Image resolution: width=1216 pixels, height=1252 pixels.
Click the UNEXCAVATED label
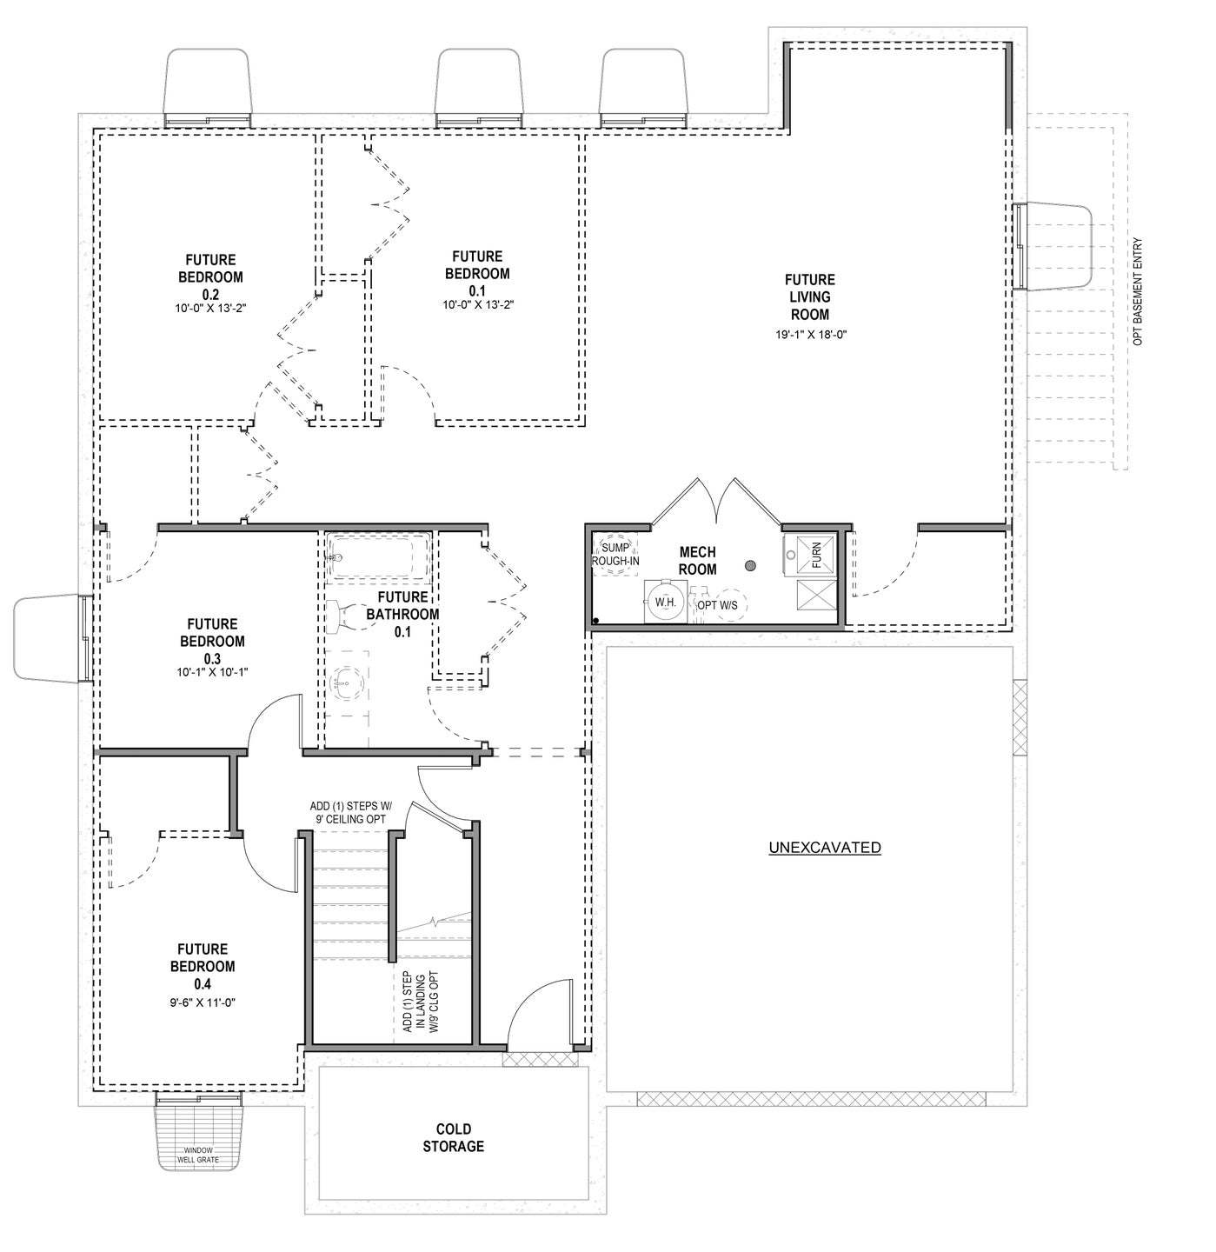pyautogui.click(x=825, y=848)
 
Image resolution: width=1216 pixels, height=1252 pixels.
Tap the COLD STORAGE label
pyautogui.click(x=453, y=1139)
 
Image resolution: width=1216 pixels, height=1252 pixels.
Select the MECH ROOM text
pyautogui.click(x=697, y=561)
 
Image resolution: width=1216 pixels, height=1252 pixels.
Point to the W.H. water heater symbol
pyautogui.click(x=665, y=602)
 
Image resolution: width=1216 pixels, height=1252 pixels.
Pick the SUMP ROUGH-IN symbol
pyautogui.click(x=615, y=554)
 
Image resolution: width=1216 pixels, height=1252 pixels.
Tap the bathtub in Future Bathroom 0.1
pyautogui.click(x=378, y=556)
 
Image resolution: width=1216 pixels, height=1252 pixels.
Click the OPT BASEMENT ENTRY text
pyautogui.click(x=1139, y=292)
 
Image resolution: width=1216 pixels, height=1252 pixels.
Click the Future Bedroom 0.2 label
pyautogui.click(x=210, y=276)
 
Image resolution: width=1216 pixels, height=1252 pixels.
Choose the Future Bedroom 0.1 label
pyautogui.click(x=477, y=273)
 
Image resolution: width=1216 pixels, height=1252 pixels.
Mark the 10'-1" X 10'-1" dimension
pyautogui.click(x=211, y=671)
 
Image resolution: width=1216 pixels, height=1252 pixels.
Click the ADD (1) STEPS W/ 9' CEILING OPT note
pyautogui.click(x=351, y=813)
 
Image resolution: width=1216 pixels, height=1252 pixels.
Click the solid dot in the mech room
pyautogui.click(x=750, y=566)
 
